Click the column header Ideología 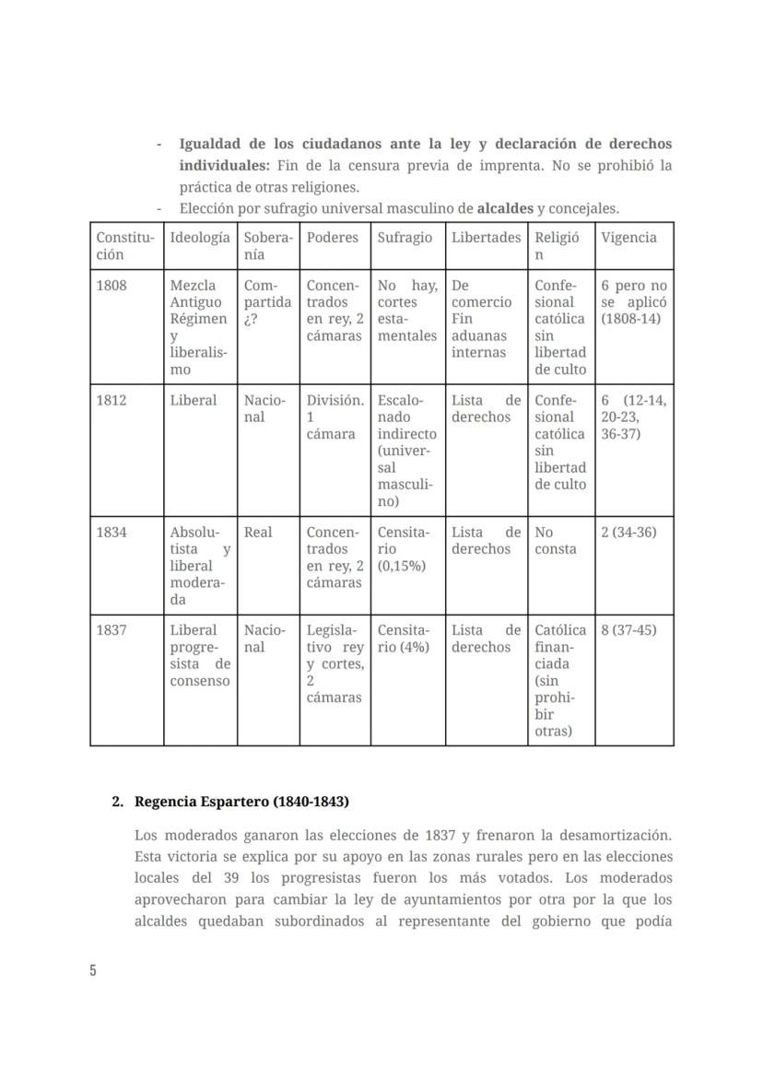pyautogui.click(x=200, y=238)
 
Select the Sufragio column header pyautogui.click(x=405, y=238)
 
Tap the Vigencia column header pyautogui.click(x=628, y=238)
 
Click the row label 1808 pyautogui.click(x=112, y=286)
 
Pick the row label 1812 pyautogui.click(x=112, y=401)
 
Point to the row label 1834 pyautogui.click(x=112, y=533)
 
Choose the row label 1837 pyautogui.click(x=112, y=630)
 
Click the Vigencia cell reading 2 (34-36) pyautogui.click(x=628, y=533)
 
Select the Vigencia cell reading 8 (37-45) pyautogui.click(x=628, y=630)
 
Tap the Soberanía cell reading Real pyautogui.click(x=258, y=533)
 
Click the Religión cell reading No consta pyautogui.click(x=556, y=541)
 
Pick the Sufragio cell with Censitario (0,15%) pyautogui.click(x=404, y=549)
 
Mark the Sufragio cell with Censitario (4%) pyautogui.click(x=404, y=639)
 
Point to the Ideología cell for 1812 pyautogui.click(x=194, y=401)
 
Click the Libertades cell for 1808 pyautogui.click(x=481, y=319)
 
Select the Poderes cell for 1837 pyautogui.click(x=335, y=663)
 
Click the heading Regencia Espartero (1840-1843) pyautogui.click(x=241, y=802)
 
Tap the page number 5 pyautogui.click(x=93, y=970)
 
